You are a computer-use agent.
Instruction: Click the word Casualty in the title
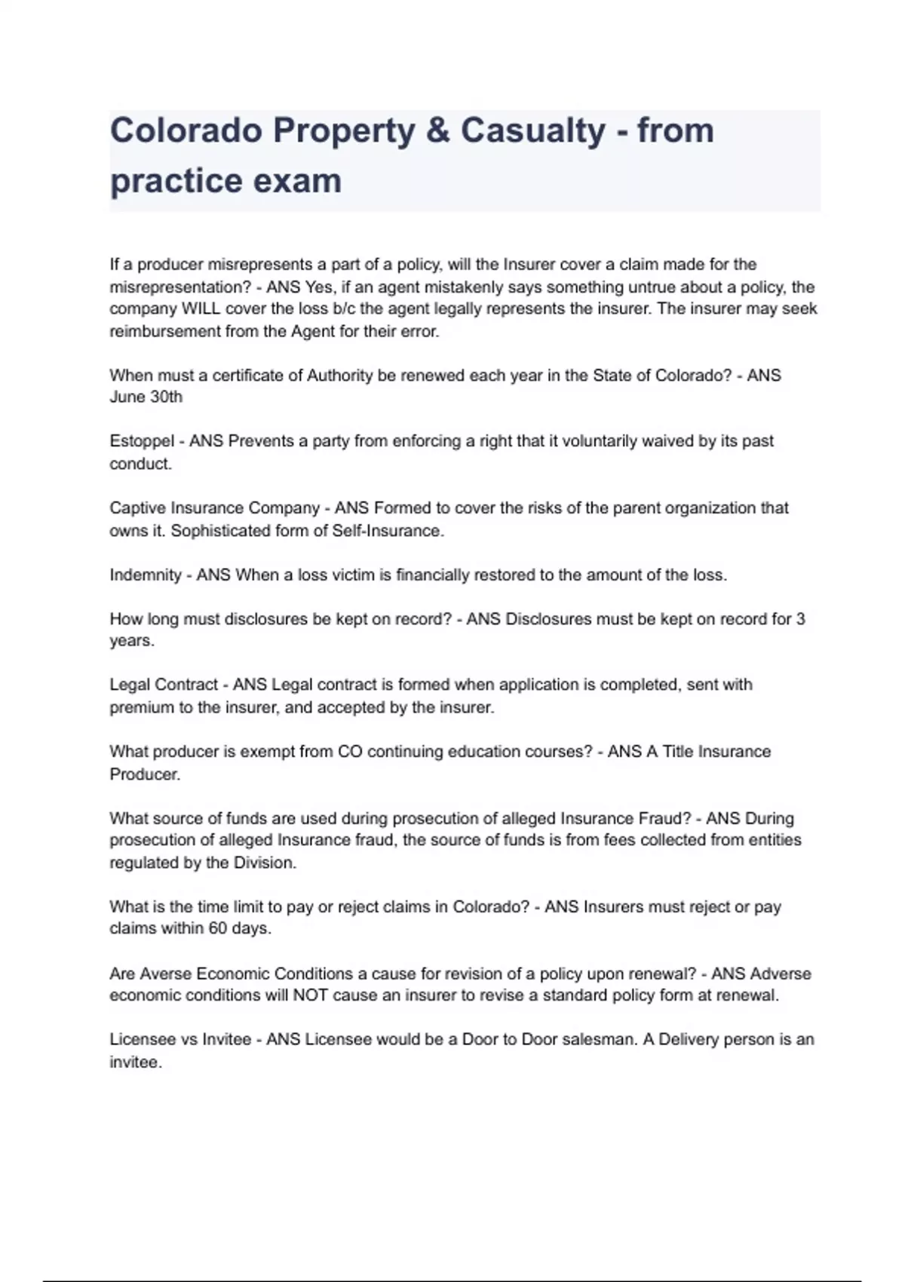click(x=532, y=130)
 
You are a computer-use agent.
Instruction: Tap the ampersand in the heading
click(x=437, y=130)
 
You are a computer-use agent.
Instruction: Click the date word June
click(x=125, y=397)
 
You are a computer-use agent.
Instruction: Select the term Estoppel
click(x=142, y=441)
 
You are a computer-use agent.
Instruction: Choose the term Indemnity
click(x=145, y=575)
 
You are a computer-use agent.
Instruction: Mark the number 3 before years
click(x=800, y=619)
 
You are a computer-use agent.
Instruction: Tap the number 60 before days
click(x=217, y=928)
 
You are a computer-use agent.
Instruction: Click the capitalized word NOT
click(x=310, y=995)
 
